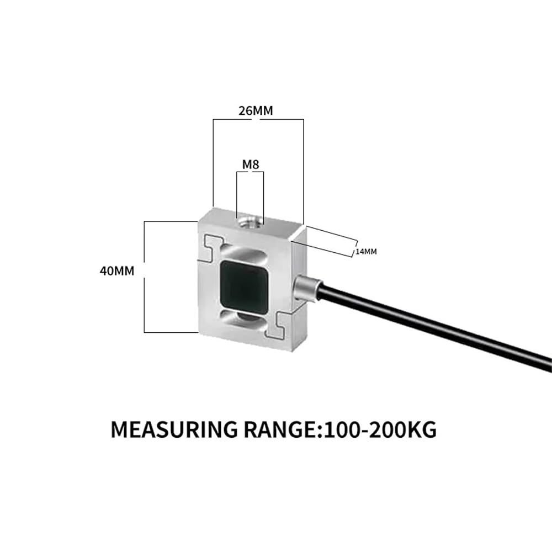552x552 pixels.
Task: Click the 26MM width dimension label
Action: click(256, 110)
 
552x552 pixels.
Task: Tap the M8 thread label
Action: click(250, 164)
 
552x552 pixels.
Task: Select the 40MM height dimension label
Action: click(117, 270)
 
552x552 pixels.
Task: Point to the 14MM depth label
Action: click(366, 252)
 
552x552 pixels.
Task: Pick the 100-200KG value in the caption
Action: click(380, 429)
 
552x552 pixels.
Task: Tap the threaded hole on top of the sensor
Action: click(250, 222)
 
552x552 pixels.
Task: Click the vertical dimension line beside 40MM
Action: click(144, 277)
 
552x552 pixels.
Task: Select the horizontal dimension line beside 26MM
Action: click(258, 120)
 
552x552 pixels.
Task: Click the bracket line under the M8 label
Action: click(250, 172)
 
